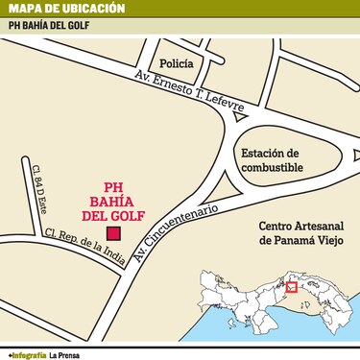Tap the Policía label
pyautogui.click(x=177, y=63)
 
